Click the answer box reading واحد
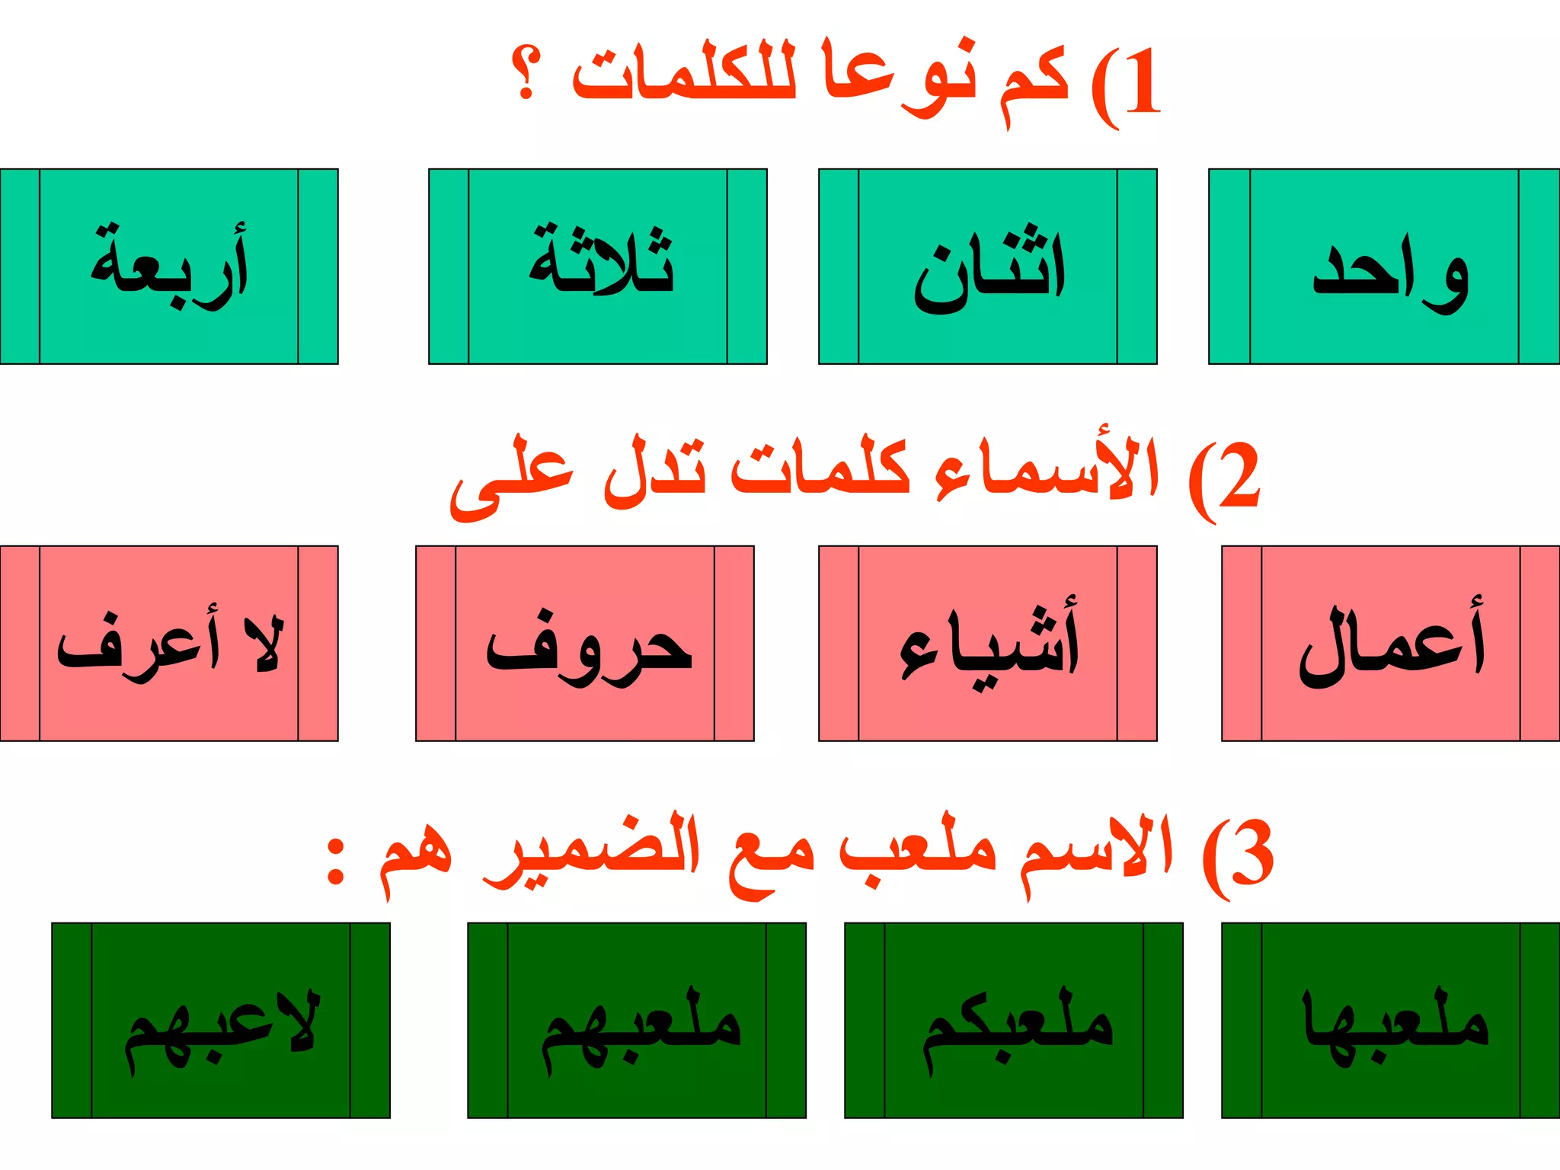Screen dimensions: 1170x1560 1384,267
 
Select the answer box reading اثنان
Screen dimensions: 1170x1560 988,267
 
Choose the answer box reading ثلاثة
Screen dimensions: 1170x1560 598,267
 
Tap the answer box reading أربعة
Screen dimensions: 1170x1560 168,267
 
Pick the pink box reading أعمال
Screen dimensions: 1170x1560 1390,644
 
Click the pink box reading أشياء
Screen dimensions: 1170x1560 988,644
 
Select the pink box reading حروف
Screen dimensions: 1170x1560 585,644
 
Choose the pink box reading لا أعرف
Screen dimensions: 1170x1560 168,644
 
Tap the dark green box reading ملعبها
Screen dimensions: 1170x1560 1390,1021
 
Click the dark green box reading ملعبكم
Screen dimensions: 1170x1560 1014,1021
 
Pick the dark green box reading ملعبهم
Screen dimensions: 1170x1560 637,1021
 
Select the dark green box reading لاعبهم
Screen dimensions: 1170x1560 221,1021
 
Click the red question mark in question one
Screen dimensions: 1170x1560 526,74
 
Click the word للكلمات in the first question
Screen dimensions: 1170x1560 684,76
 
